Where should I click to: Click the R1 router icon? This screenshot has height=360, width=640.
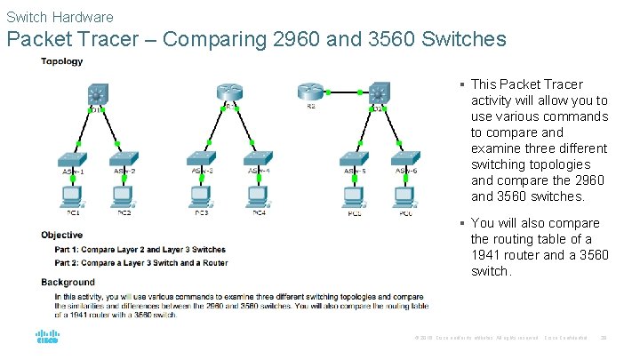[227, 93]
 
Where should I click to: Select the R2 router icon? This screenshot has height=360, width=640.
[310, 92]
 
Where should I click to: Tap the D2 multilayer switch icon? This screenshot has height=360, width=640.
[380, 92]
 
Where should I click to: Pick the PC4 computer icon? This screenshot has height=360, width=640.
[258, 195]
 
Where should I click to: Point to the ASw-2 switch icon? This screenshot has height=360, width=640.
[123, 160]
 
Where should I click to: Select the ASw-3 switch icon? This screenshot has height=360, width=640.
[202, 160]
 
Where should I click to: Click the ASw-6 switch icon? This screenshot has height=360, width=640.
[406, 160]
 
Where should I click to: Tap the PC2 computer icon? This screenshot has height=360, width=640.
[123, 195]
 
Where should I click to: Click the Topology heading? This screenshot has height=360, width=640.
[61, 61]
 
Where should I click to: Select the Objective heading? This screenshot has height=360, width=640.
[62, 235]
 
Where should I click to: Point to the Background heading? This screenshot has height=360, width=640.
[68, 283]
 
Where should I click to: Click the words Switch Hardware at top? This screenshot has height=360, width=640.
[60, 17]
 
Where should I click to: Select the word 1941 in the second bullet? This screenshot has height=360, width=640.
[485, 255]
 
